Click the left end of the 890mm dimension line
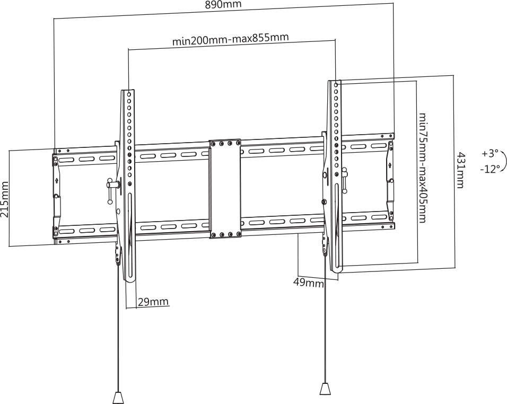click(54, 19)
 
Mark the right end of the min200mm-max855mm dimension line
click(335, 40)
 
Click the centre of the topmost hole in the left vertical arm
click(129, 95)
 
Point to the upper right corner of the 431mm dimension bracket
click(454, 76)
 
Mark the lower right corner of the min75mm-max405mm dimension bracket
click(416, 263)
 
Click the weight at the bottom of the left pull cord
click(118, 398)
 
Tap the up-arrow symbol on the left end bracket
click(57, 180)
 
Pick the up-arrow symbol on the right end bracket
click(389, 165)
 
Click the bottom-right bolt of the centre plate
click(238, 234)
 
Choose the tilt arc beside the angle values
click(504, 160)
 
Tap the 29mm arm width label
click(153, 302)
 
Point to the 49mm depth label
click(308, 283)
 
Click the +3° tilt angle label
click(490, 154)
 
